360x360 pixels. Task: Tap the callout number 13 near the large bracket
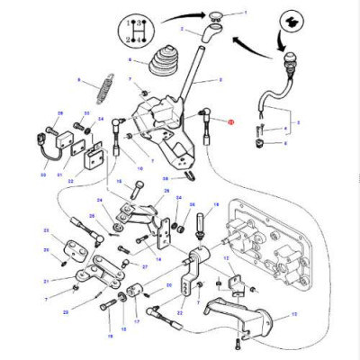[294, 317]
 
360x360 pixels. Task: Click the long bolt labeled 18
[110, 316]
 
